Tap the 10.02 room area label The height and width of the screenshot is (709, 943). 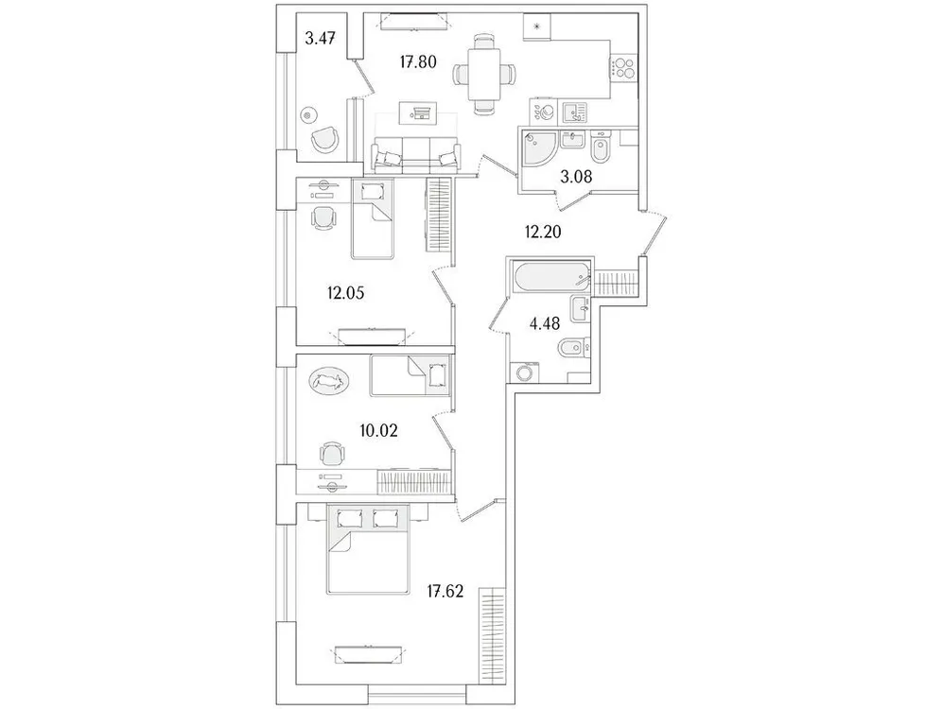(x=378, y=430)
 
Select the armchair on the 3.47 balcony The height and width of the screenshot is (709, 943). (x=323, y=139)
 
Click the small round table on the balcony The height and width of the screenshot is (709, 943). (x=306, y=115)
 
